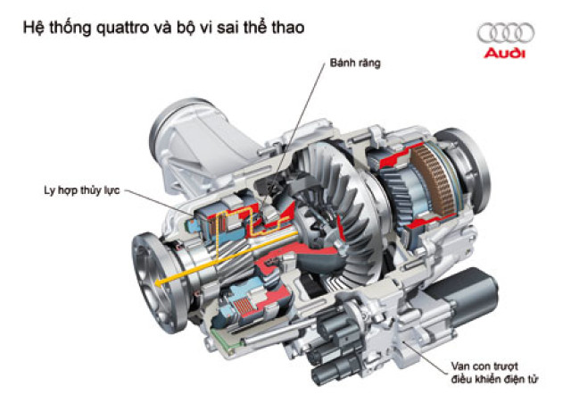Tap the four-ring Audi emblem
tap(505, 33)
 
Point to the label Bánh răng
tap(351, 63)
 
